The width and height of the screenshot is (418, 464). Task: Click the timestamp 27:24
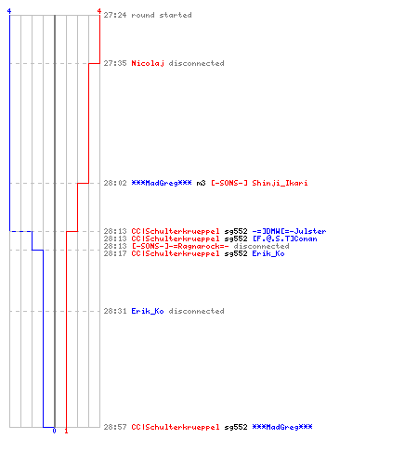[x=115, y=15]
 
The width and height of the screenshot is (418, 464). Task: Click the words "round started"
[x=162, y=15]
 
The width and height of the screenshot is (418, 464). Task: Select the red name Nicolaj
[x=148, y=64]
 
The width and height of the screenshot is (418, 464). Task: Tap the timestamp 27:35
[x=115, y=63]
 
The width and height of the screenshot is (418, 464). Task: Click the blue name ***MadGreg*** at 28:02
[x=162, y=183]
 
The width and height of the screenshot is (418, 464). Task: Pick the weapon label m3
[x=201, y=183]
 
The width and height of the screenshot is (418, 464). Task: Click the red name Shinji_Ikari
[x=280, y=184]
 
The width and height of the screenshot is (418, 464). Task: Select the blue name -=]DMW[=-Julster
[x=289, y=231]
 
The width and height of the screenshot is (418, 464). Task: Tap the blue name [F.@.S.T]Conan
[x=284, y=238]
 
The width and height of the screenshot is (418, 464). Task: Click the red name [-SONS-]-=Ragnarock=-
[x=180, y=246]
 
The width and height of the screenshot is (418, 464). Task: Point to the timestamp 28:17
[x=115, y=253]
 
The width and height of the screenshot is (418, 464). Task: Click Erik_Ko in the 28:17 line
[x=268, y=254]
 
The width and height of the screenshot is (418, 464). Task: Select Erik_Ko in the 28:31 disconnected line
[x=148, y=311]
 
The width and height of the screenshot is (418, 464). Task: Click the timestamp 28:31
[x=115, y=311]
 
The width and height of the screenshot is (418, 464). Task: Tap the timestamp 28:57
[x=115, y=427]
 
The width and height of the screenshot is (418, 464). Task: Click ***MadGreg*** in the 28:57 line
[x=282, y=427]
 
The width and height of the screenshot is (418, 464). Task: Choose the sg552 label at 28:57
[x=236, y=428]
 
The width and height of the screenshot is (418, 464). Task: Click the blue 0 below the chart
[x=54, y=431]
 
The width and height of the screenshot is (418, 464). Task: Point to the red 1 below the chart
[x=66, y=431]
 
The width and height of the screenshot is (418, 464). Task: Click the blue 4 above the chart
[x=9, y=11]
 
